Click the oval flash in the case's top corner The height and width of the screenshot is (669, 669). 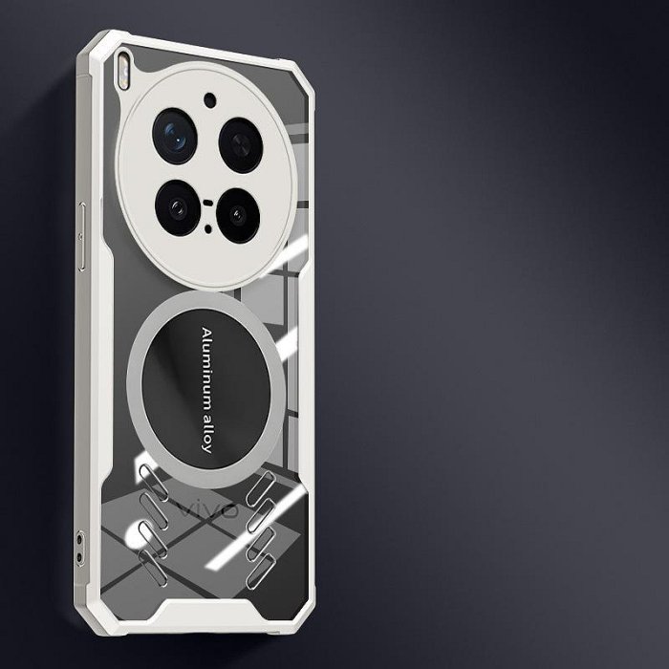[x=123, y=71]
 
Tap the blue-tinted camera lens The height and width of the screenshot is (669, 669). [x=175, y=136]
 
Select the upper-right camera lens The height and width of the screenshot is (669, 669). [x=241, y=145]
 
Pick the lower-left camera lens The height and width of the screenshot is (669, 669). [x=178, y=207]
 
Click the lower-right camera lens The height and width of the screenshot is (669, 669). [x=238, y=215]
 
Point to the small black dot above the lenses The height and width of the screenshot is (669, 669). [x=210, y=100]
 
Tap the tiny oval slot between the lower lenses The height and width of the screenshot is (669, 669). [x=207, y=203]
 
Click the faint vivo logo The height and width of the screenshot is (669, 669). [x=207, y=509]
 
